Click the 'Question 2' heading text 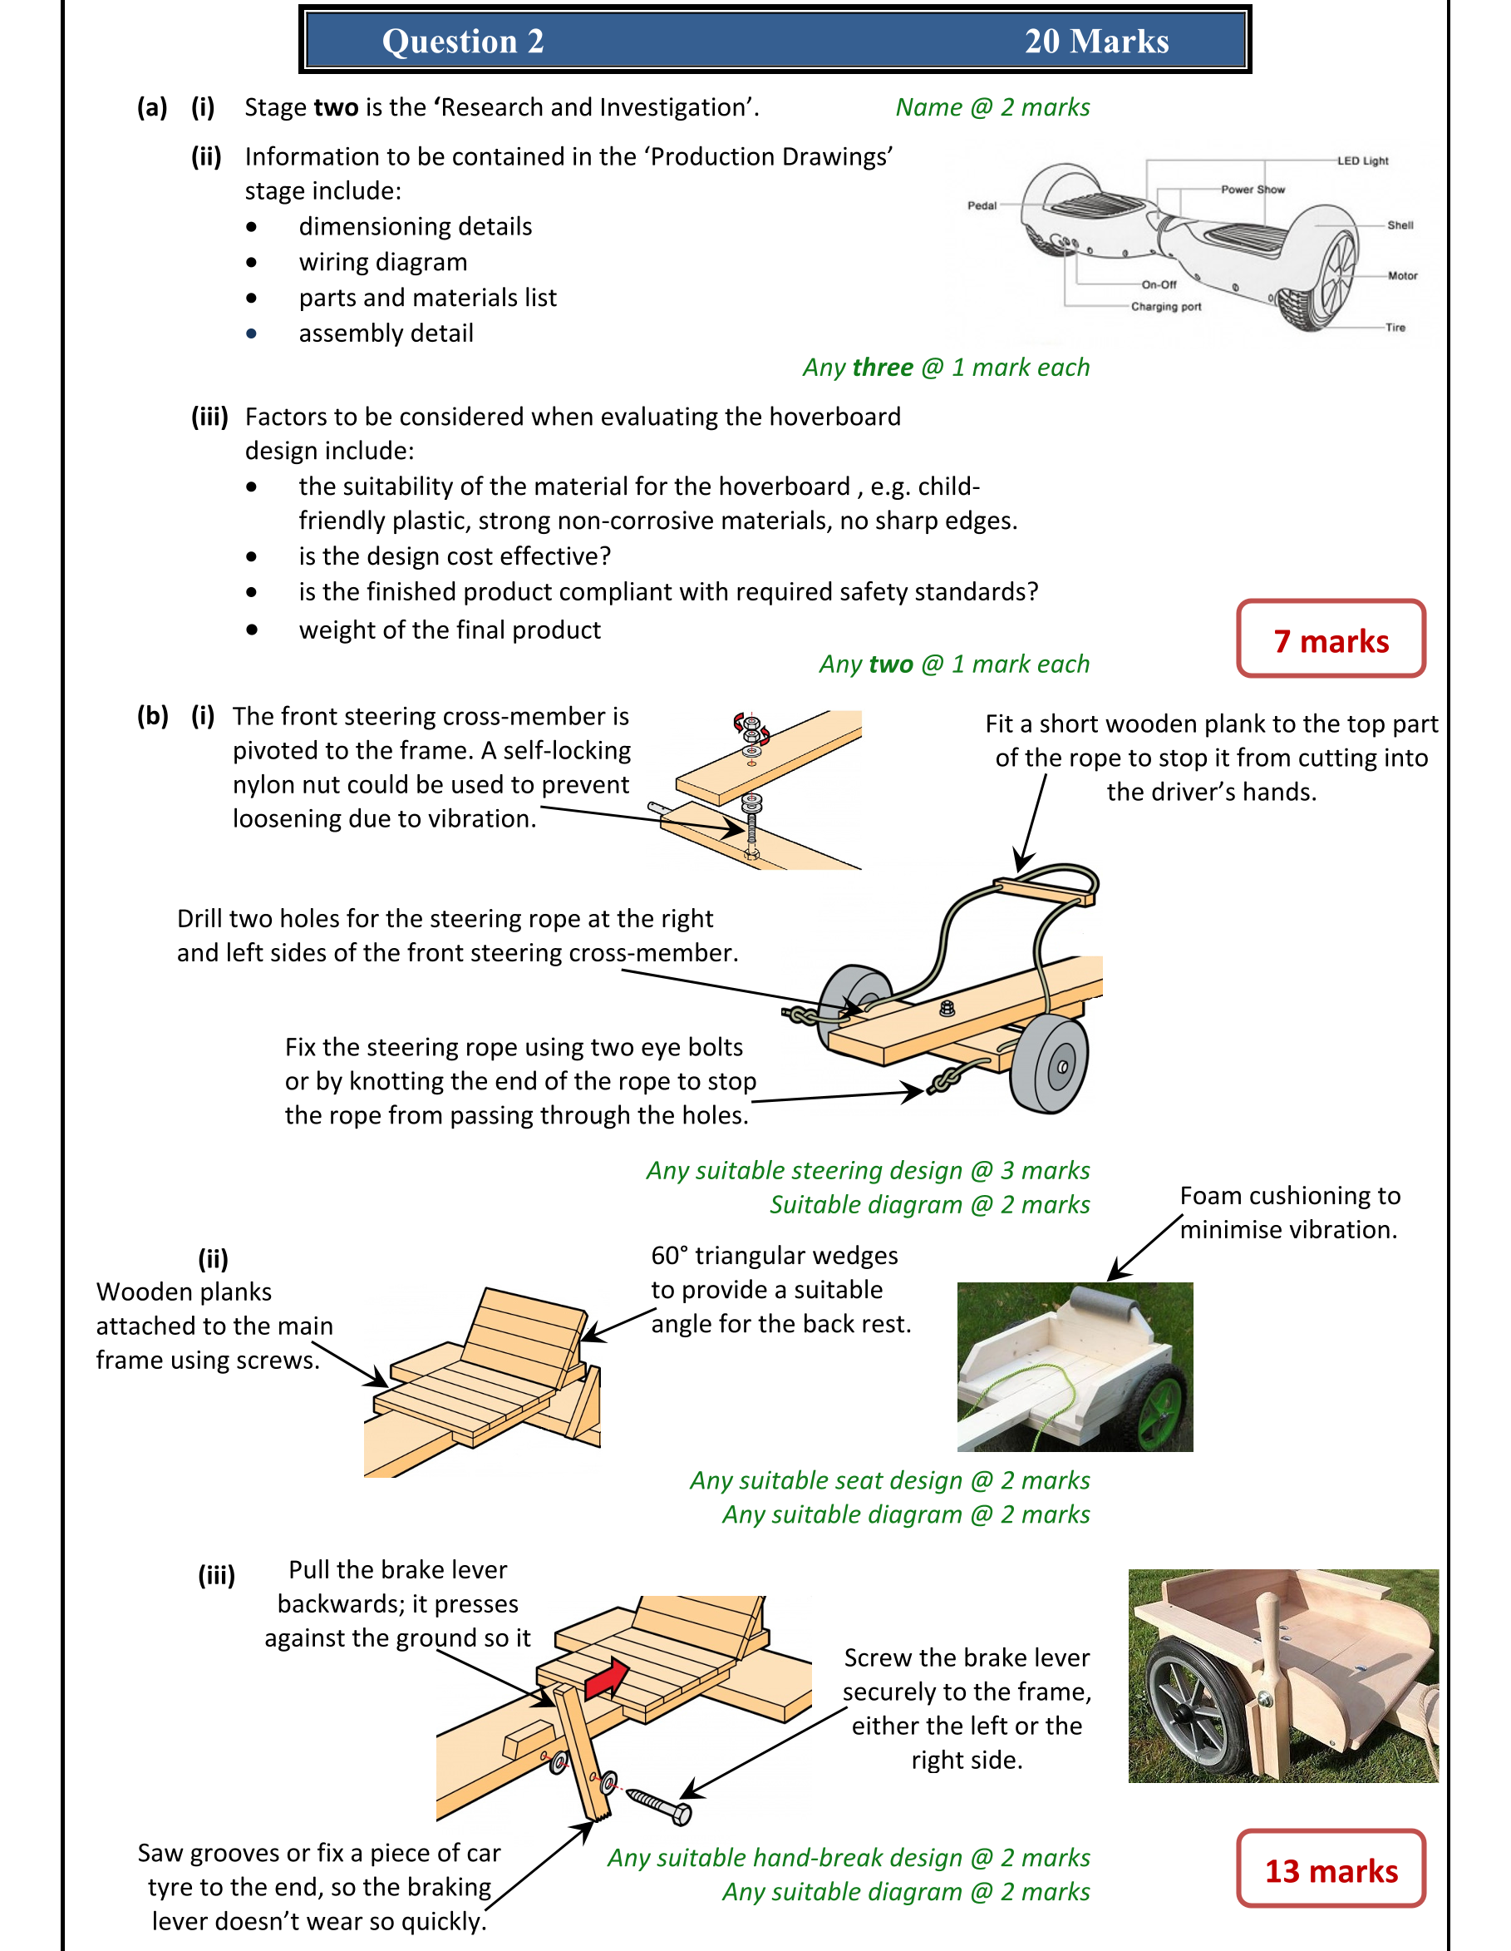point(463,41)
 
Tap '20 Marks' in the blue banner point(1095,41)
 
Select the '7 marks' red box point(1330,640)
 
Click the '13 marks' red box point(1330,1870)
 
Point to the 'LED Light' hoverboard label point(1362,161)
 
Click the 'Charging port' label point(1165,306)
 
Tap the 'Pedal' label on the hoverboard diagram point(982,205)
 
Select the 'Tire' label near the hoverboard point(1395,327)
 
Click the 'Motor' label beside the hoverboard point(1402,275)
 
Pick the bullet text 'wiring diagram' point(383,262)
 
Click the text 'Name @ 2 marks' point(992,107)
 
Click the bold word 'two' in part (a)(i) point(336,107)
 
